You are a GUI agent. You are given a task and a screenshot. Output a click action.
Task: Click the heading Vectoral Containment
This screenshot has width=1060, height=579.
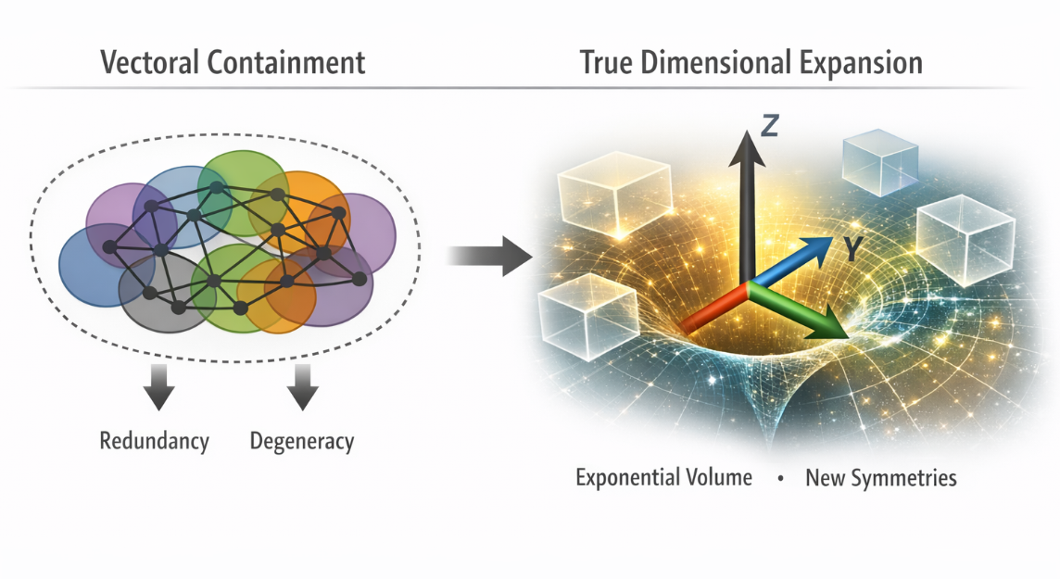[232, 63]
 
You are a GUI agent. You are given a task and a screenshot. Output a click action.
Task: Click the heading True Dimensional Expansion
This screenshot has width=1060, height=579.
[751, 63]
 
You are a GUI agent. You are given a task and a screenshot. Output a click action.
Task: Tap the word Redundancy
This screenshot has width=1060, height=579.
[154, 441]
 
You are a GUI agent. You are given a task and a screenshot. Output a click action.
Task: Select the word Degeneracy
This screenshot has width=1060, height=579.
[302, 441]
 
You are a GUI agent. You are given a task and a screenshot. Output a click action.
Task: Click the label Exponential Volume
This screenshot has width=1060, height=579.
[663, 479]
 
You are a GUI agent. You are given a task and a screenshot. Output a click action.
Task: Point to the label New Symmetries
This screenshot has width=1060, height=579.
[881, 479]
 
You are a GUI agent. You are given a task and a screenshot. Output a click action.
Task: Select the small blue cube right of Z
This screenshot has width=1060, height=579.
[877, 163]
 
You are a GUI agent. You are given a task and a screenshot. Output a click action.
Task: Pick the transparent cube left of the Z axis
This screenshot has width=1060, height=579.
[614, 195]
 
